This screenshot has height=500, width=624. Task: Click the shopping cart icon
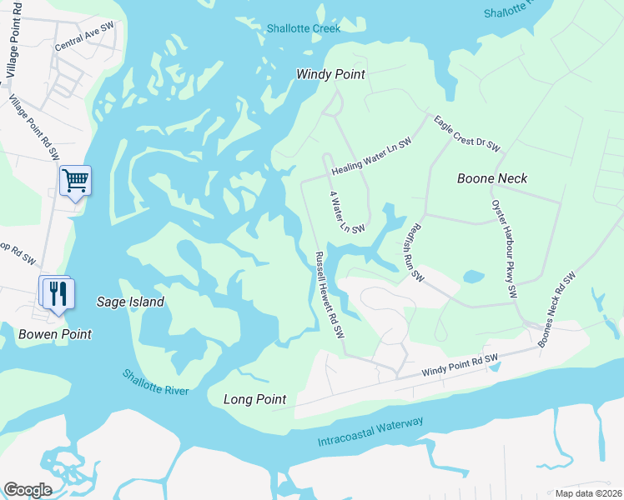tap(75, 180)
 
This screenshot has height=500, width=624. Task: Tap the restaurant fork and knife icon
tap(58, 292)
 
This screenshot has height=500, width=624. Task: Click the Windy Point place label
tap(330, 74)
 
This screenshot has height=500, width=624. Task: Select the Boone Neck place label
tap(492, 178)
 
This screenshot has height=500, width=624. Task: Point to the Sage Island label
tap(130, 302)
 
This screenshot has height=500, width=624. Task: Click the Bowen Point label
tap(54, 333)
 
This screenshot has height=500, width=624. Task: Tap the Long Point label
tap(254, 399)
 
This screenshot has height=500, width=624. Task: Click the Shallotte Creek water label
tap(304, 28)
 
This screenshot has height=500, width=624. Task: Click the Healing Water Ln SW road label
tap(371, 157)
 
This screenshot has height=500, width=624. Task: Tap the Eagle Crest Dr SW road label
tap(466, 133)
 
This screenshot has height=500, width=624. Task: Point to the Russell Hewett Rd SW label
tap(329, 294)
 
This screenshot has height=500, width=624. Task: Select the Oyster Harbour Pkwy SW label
tap(504, 248)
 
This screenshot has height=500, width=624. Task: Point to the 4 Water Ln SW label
tap(346, 212)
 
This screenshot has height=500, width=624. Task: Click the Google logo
tap(28, 490)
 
